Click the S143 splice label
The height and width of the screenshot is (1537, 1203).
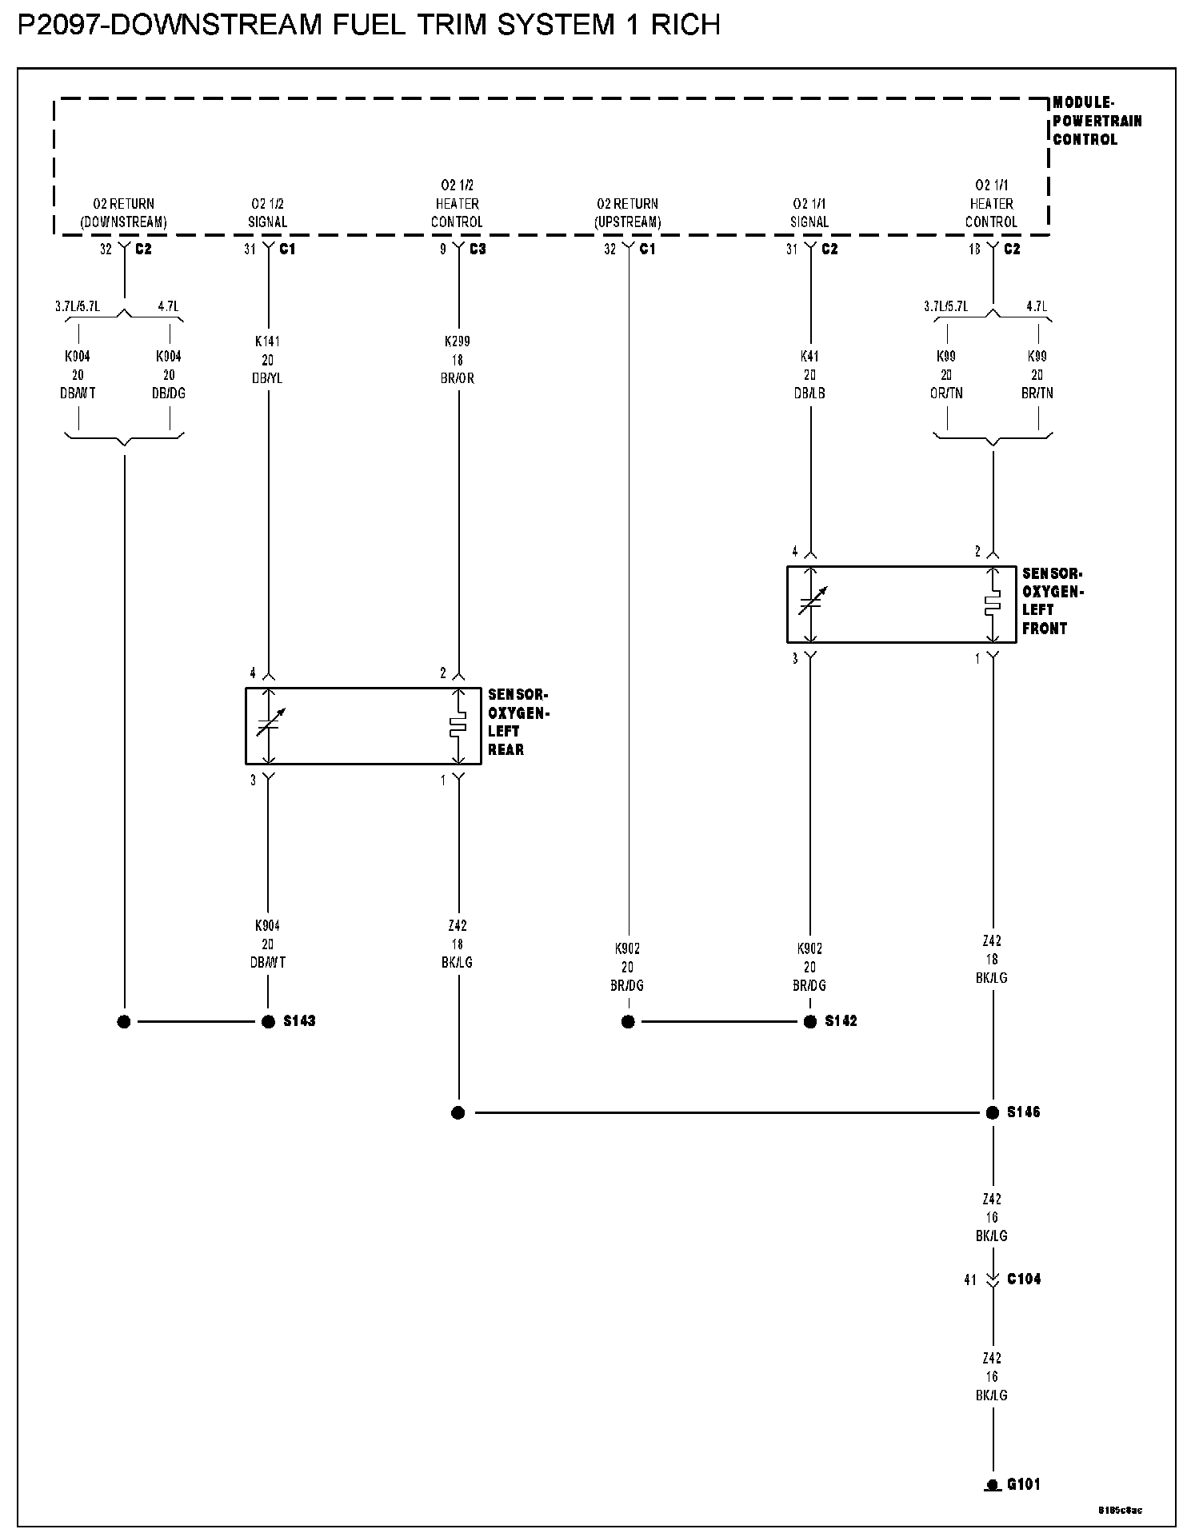pyautogui.click(x=299, y=1021)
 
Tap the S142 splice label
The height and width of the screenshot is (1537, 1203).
pyautogui.click(x=841, y=1021)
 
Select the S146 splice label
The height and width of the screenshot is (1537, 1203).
pyautogui.click(x=1023, y=1112)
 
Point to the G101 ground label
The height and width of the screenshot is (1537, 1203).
pyautogui.click(x=1023, y=1484)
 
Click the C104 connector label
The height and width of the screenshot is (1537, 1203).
pyautogui.click(x=1024, y=1279)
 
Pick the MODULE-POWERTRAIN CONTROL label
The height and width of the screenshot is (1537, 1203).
pyautogui.click(x=1097, y=121)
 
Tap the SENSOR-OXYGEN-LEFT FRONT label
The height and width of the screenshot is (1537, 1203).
pyautogui.click(x=1052, y=601)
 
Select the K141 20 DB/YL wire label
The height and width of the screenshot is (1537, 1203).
pyautogui.click(x=267, y=360)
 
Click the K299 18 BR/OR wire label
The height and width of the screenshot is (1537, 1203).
pyautogui.click(x=458, y=360)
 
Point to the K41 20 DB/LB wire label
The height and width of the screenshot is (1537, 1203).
pyautogui.click(x=809, y=375)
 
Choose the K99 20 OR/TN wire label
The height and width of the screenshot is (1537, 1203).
pyautogui.click(x=946, y=375)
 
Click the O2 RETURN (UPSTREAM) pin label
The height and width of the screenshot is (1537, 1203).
pyautogui.click(x=627, y=213)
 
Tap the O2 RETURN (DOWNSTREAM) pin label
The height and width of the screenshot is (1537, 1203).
pyautogui.click(x=123, y=213)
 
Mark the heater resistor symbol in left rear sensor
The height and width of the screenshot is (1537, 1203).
pyautogui.click(x=458, y=726)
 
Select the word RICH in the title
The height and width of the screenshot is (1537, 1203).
pyautogui.click(x=685, y=26)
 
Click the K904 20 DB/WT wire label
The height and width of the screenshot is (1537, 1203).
pyautogui.click(x=267, y=944)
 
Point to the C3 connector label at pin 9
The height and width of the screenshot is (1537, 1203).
pyautogui.click(x=478, y=250)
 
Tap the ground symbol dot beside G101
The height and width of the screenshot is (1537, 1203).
pyautogui.click(x=993, y=1485)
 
